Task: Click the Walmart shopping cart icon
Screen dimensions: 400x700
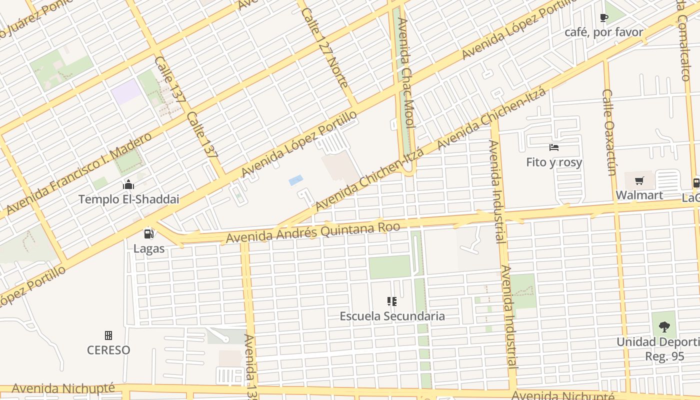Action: click(x=639, y=181)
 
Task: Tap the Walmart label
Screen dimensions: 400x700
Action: click(x=639, y=195)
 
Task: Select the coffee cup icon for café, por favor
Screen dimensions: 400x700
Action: click(x=603, y=18)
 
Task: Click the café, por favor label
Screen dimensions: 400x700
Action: click(x=603, y=32)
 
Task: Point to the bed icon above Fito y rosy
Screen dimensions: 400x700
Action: click(x=554, y=147)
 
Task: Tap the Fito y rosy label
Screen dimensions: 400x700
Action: click(x=554, y=162)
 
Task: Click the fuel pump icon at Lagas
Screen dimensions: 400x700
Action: click(x=148, y=233)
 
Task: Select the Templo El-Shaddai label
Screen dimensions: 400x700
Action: click(x=128, y=199)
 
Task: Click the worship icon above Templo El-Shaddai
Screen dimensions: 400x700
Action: click(x=128, y=185)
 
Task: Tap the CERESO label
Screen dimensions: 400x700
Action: click(x=108, y=350)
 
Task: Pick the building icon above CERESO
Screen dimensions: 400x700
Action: click(x=108, y=335)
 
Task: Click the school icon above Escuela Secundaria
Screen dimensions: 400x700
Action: click(x=392, y=301)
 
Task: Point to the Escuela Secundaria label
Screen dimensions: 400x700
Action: click(x=392, y=316)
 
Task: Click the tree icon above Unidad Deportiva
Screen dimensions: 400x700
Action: click(x=664, y=327)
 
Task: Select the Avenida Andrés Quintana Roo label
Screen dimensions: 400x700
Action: click(x=313, y=233)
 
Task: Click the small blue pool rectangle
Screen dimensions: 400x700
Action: click(x=295, y=180)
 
